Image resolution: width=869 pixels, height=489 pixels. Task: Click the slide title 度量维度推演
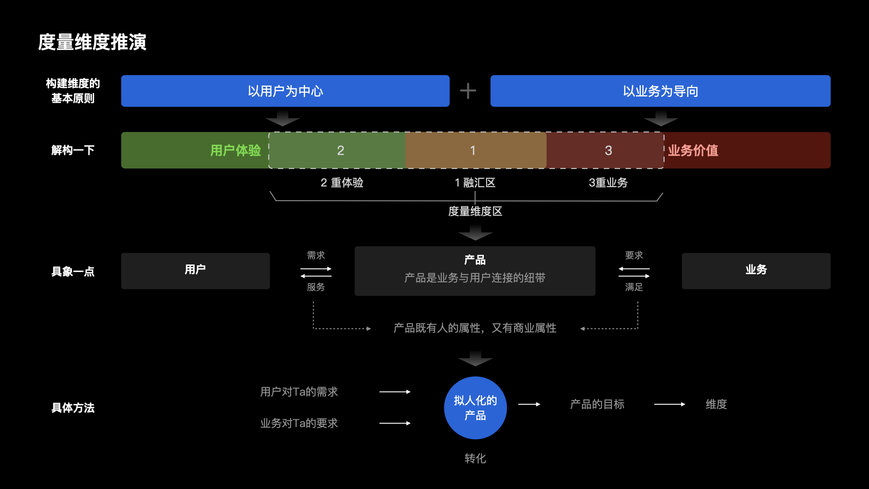[92, 42]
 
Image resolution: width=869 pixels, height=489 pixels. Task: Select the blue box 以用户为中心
[285, 91]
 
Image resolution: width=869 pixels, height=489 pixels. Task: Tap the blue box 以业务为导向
[660, 91]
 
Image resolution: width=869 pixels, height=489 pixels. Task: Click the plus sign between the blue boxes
[468, 91]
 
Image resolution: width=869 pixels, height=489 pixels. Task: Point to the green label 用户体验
[235, 150]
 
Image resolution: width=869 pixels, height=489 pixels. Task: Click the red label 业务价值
[693, 150]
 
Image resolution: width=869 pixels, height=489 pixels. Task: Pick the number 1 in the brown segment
[473, 150]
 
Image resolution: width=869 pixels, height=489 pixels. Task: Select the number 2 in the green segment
[340, 150]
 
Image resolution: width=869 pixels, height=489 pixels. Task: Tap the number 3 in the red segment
[608, 150]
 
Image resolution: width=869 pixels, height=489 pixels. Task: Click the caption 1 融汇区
[475, 182]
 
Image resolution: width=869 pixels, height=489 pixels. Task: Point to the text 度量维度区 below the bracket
[475, 211]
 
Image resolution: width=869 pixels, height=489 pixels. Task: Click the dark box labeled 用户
[195, 270]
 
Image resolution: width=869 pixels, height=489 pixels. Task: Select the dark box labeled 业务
[756, 270]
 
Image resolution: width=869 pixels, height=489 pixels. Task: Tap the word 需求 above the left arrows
[316, 255]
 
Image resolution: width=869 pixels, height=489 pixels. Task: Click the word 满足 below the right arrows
[634, 287]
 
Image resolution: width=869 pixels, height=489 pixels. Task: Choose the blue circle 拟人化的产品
[475, 407]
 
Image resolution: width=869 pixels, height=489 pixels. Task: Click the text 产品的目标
[597, 404]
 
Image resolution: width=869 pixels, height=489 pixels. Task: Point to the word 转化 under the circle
[475, 458]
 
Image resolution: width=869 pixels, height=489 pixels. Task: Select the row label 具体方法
[73, 407]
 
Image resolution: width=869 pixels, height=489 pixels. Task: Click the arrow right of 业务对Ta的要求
[395, 423]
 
